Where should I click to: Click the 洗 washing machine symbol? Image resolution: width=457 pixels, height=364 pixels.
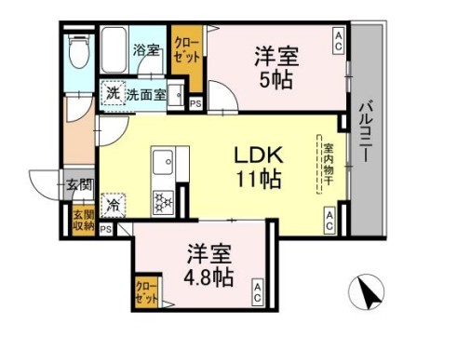click(x=112, y=93)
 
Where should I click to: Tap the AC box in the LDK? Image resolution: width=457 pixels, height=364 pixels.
click(x=330, y=218)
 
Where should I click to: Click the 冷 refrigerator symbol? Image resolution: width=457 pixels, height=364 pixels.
click(x=114, y=200)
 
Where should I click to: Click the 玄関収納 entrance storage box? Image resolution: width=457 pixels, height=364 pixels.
click(x=83, y=220)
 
